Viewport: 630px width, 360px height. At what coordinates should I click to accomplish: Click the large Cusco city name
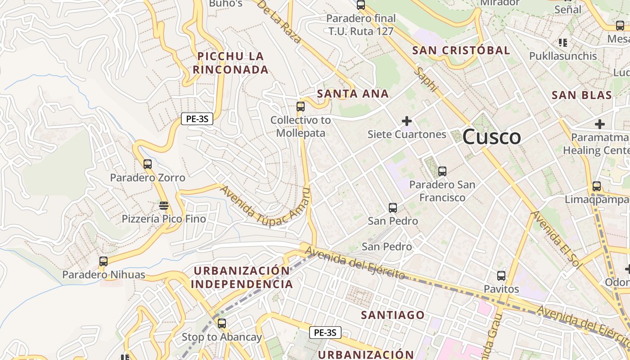point(491,137)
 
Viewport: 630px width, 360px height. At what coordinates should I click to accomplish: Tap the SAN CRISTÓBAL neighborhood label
point(461,50)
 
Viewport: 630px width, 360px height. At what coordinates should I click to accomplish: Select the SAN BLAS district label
point(582,95)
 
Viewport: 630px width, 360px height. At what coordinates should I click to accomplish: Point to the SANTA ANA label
point(353,94)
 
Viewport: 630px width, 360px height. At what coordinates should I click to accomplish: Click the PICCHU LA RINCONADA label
point(230,63)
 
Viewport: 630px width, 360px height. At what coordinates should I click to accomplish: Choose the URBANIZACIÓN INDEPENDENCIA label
point(242,277)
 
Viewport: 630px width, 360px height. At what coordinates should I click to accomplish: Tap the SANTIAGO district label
point(393,315)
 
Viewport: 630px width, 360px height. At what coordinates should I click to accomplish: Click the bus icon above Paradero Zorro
point(148,164)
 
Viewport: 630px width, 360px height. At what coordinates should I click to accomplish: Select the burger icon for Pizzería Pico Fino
point(164,206)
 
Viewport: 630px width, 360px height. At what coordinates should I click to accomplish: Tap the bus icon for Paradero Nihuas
point(103,261)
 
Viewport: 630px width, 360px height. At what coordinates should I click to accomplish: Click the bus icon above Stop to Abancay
point(221,324)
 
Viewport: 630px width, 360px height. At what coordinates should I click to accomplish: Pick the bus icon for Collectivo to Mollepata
point(300,107)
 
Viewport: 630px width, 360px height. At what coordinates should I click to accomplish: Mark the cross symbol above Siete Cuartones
point(407,121)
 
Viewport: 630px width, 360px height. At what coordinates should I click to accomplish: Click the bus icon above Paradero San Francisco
point(442,171)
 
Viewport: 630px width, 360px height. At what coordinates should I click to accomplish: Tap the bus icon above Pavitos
point(501,276)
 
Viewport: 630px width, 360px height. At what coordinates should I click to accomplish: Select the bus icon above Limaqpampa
point(597,186)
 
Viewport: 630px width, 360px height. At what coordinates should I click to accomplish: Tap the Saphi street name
point(426,80)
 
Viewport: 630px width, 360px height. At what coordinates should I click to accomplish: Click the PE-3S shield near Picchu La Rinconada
point(197,119)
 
